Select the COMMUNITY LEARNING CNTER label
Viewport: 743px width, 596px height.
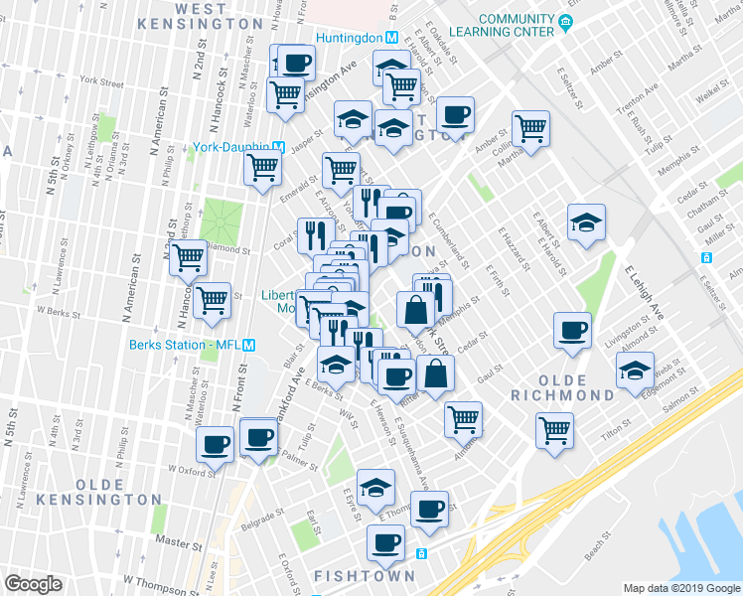click(x=516, y=25)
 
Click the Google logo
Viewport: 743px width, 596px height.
click(x=33, y=584)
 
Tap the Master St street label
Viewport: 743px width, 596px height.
click(x=178, y=544)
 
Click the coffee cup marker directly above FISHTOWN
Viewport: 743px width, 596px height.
click(x=384, y=542)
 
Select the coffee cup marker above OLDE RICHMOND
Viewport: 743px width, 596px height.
click(x=571, y=330)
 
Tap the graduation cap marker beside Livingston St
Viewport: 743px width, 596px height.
click(x=633, y=372)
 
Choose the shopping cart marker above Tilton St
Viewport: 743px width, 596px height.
click(x=554, y=429)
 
